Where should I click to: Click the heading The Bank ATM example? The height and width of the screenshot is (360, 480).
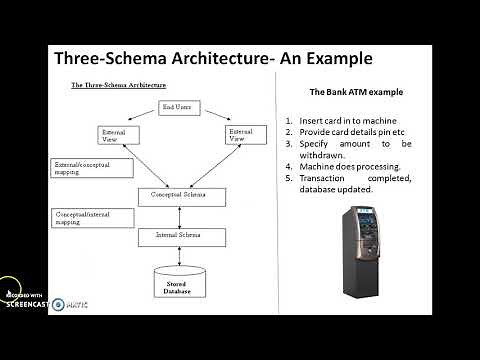(x=356, y=92)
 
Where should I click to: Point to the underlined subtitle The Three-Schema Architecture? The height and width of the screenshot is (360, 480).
(x=118, y=86)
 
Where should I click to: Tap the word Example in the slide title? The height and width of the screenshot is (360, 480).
(x=334, y=59)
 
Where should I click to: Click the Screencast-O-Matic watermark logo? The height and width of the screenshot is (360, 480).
(x=30, y=300)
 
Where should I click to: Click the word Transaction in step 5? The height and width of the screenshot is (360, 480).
(x=327, y=178)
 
